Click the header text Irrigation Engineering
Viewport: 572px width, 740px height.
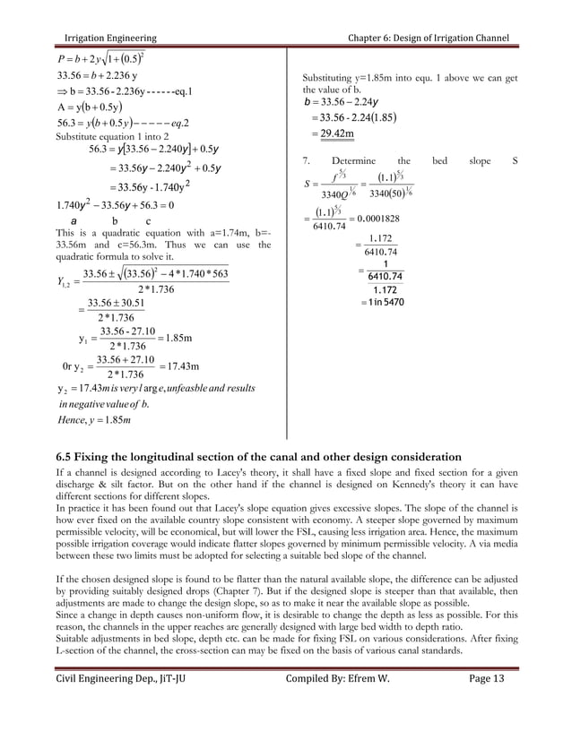click(x=107, y=38)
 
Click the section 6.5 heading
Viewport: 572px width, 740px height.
click(x=259, y=457)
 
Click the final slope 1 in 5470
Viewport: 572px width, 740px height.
click(x=382, y=303)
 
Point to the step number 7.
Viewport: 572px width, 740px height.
click(x=306, y=161)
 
